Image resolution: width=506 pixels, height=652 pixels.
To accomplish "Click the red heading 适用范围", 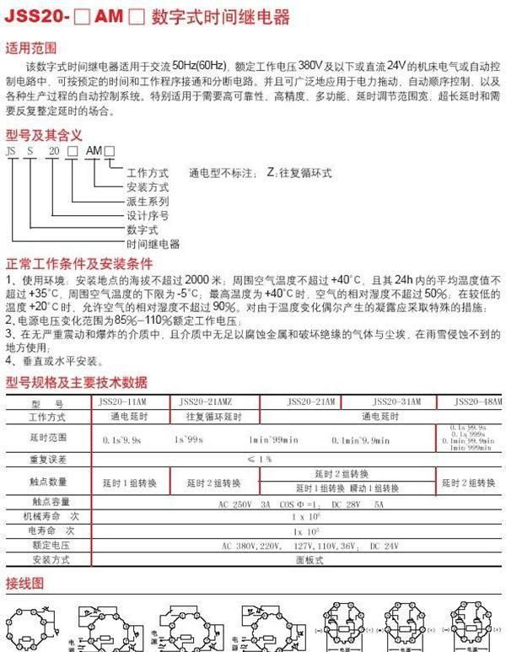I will point(33,47).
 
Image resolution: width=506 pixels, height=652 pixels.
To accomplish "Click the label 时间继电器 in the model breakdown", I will point(153,243).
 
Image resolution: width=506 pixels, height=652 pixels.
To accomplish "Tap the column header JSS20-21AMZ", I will point(213,401).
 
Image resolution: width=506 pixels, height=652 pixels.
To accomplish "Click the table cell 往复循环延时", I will point(213,417).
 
